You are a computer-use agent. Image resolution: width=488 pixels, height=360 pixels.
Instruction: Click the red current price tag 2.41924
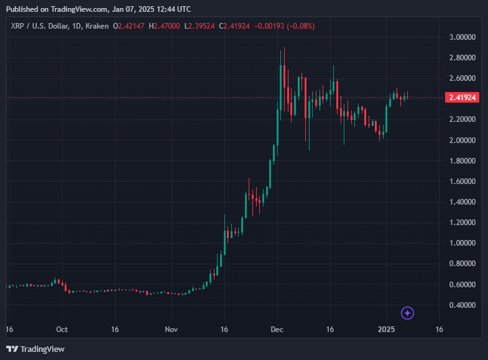point(462,98)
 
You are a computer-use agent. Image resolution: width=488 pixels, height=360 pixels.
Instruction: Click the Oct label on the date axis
point(62,330)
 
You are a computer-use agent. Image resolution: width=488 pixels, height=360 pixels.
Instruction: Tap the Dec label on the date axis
point(277,330)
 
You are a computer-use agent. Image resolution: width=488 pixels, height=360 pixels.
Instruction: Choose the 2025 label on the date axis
point(386,330)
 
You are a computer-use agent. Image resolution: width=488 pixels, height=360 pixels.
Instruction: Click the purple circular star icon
point(407,313)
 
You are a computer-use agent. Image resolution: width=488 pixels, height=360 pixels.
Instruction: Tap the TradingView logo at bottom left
point(35,349)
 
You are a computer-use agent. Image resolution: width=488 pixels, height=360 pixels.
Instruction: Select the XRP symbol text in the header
point(16,26)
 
